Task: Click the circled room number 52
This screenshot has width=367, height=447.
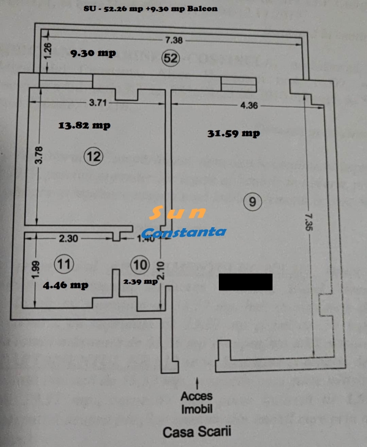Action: (170, 58)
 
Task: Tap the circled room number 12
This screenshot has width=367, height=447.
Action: (94, 156)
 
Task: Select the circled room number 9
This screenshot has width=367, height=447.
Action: (252, 201)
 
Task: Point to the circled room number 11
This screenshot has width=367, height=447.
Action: (63, 264)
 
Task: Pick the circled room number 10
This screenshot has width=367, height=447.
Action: (140, 264)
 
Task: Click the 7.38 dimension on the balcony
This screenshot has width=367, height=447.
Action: (175, 40)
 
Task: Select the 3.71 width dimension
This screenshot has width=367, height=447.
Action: (98, 102)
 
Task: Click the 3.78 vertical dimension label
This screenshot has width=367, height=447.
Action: (39, 155)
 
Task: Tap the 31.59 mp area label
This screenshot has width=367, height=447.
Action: (234, 134)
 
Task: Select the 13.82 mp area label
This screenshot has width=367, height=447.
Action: (84, 125)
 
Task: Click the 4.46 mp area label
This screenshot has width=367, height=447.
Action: (65, 285)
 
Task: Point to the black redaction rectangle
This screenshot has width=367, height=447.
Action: (245, 282)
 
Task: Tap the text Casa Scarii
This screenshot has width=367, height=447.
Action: (197, 431)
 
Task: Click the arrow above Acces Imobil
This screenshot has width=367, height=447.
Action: (197, 382)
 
